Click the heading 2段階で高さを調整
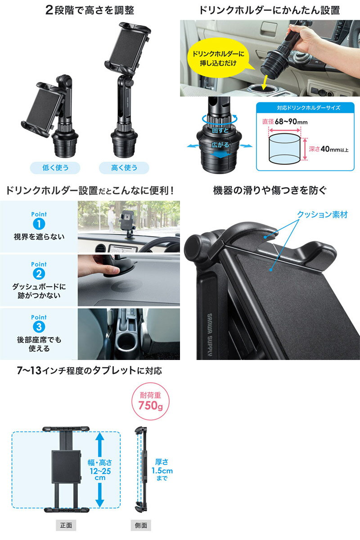[x=90, y=9]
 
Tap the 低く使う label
[x=55, y=168]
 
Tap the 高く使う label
[x=124, y=168]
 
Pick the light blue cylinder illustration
[x=285, y=148]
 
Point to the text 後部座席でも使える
[x=39, y=344]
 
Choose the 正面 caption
[x=65, y=525]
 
